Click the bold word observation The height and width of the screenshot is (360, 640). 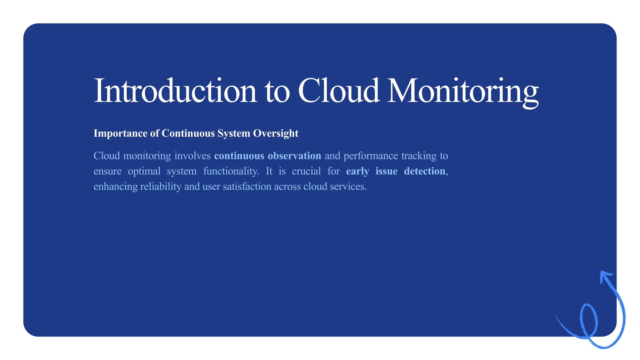tap(294, 156)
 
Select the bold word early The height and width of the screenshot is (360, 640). tap(357, 171)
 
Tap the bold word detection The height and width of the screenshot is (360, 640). tap(424, 171)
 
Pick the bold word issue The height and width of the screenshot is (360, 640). tap(386, 171)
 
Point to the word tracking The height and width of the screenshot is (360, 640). tap(419, 156)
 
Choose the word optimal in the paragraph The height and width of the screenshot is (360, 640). tap(144, 171)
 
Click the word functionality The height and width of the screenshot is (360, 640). tap(231, 171)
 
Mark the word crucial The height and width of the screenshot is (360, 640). tap(306, 171)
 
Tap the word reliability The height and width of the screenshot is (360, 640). tap(161, 187)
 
